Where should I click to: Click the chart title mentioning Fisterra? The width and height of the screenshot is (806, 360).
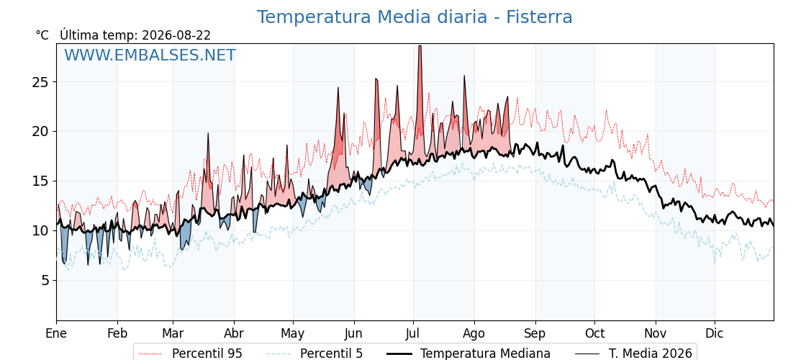point(415,17)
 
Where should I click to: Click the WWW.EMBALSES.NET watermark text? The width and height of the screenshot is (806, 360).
point(150,55)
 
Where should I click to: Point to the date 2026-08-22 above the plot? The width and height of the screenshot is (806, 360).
point(176,35)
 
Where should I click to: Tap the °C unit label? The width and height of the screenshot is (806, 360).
point(42,35)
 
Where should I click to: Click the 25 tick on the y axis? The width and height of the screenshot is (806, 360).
point(42,82)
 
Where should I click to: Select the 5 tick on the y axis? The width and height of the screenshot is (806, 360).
point(46,281)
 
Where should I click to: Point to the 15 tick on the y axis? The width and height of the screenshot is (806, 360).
point(42,181)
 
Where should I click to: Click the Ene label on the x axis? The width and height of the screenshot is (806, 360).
point(56,333)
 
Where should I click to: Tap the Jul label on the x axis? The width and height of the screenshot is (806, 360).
point(413,333)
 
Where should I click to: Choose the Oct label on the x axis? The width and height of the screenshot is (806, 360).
point(594,333)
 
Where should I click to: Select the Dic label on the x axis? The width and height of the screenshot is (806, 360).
point(715,333)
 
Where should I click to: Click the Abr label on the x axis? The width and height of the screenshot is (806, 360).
point(234,333)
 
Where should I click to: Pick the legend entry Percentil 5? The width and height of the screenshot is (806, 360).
point(314,354)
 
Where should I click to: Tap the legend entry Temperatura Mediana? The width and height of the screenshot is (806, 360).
point(467,354)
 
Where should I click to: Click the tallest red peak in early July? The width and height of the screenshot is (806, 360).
point(420,46)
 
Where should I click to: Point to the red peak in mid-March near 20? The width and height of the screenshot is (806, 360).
point(208,133)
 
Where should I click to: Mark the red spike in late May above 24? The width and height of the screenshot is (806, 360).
point(338,88)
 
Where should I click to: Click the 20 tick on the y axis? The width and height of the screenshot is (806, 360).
point(42,132)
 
